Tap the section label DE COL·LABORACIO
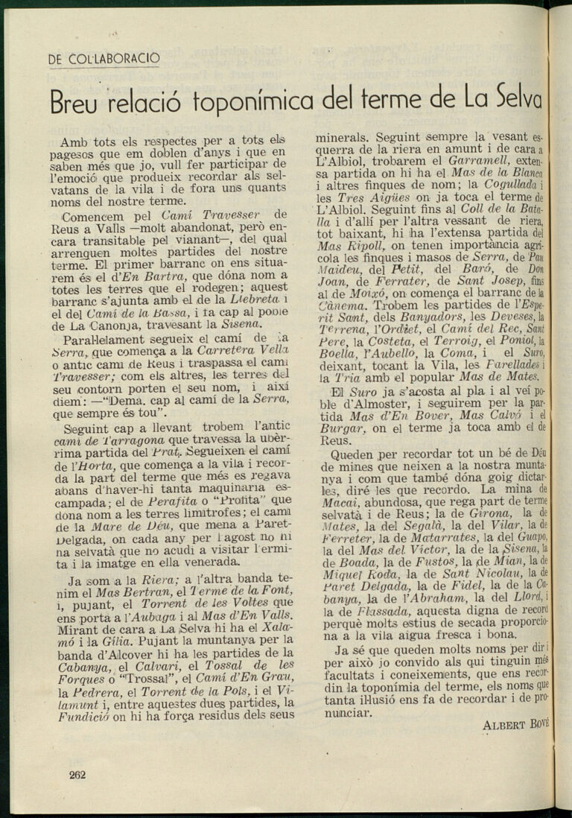click(104, 59)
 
